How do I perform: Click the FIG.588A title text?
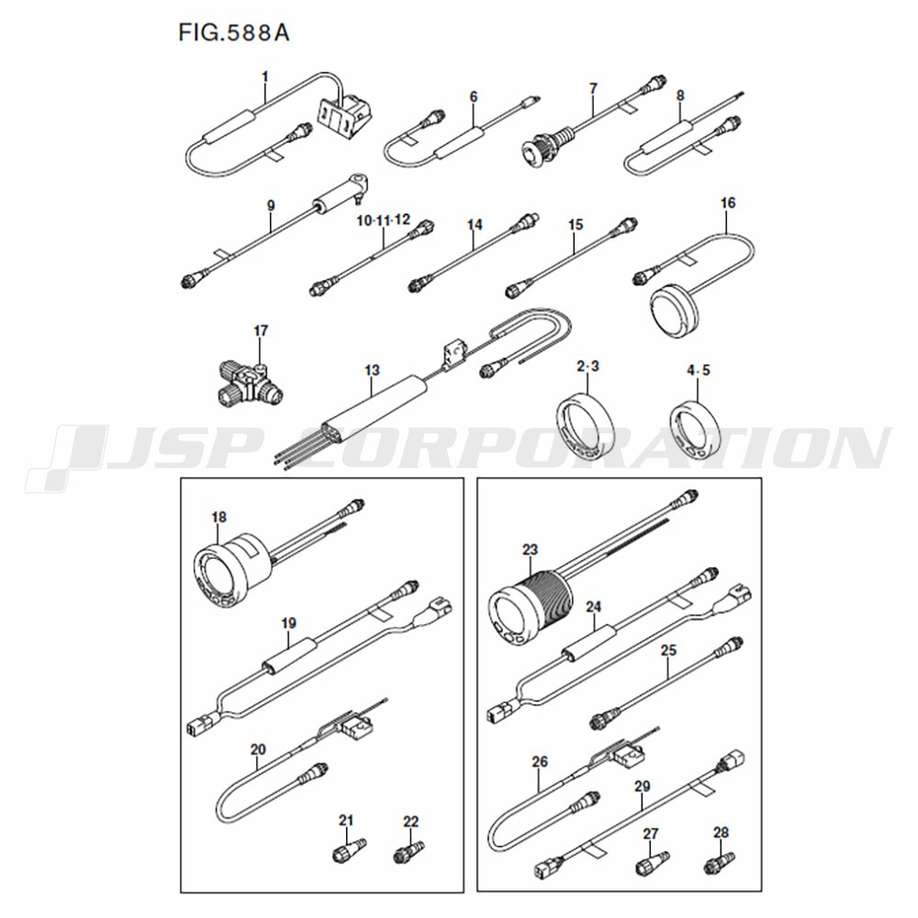(x=233, y=33)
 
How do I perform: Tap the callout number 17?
(x=261, y=330)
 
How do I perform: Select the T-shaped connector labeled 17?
(x=248, y=383)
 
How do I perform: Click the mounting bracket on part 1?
(x=345, y=116)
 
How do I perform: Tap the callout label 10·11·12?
(x=384, y=220)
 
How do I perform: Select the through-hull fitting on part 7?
(x=549, y=143)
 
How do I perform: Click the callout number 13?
(x=373, y=370)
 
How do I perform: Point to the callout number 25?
(x=668, y=650)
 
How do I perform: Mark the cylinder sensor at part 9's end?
(x=342, y=195)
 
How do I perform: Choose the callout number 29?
(x=643, y=786)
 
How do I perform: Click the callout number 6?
(x=474, y=96)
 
